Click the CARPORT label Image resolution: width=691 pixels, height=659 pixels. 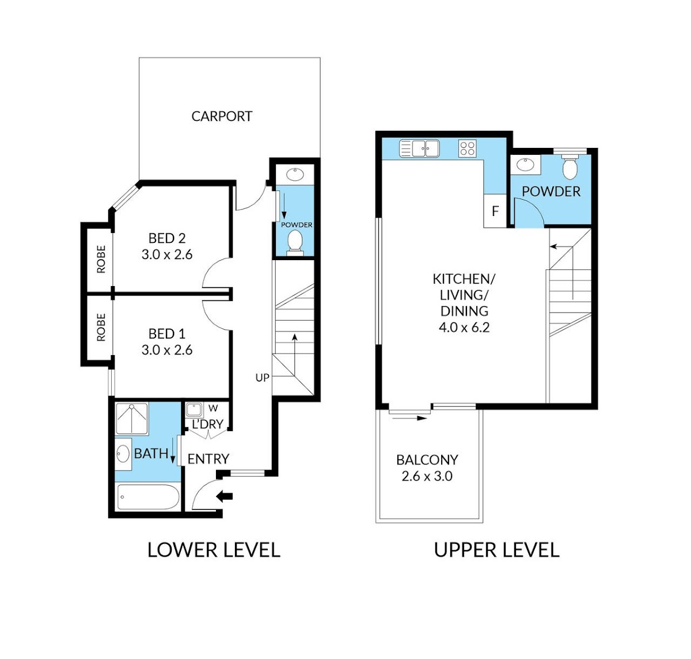coord(222,116)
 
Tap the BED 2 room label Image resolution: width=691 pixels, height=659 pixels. coord(167,238)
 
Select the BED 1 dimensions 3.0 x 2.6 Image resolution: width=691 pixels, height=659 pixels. coord(167,350)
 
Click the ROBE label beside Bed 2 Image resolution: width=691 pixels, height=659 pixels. coord(101,259)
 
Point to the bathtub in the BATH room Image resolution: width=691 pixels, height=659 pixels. coord(149,497)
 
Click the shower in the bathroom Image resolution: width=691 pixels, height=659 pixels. coord(132,419)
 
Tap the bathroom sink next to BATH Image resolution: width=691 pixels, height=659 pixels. coord(123,454)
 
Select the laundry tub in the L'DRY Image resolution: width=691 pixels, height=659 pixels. coord(194,410)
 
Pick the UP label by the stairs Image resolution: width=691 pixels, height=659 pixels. coord(262,378)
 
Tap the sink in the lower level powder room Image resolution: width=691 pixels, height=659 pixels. coord(295,174)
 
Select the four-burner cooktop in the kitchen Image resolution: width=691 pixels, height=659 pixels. coord(468,148)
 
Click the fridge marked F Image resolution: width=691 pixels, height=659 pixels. coord(495,211)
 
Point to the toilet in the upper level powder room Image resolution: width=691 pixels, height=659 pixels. coord(569,166)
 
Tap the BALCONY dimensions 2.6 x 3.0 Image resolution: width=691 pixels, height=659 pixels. coord(427,476)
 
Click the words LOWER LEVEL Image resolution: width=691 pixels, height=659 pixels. coord(214,550)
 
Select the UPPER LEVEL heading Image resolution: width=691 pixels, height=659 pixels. coord(496,550)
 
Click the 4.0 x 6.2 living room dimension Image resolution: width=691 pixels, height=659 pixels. coord(464,327)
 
